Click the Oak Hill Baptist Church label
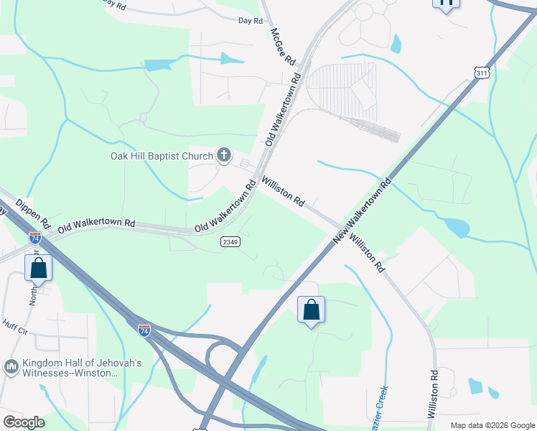point(162,156)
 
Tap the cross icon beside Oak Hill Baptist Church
point(224,155)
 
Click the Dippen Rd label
point(32,212)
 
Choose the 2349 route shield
point(230,242)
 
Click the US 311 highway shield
point(482,73)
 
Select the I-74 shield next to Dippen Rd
point(35,237)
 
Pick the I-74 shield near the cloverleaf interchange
point(144,330)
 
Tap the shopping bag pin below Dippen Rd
point(39,269)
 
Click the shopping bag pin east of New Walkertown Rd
point(311,310)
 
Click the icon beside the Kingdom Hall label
point(11,368)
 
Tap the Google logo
point(24,422)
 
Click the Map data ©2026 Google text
point(492,425)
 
